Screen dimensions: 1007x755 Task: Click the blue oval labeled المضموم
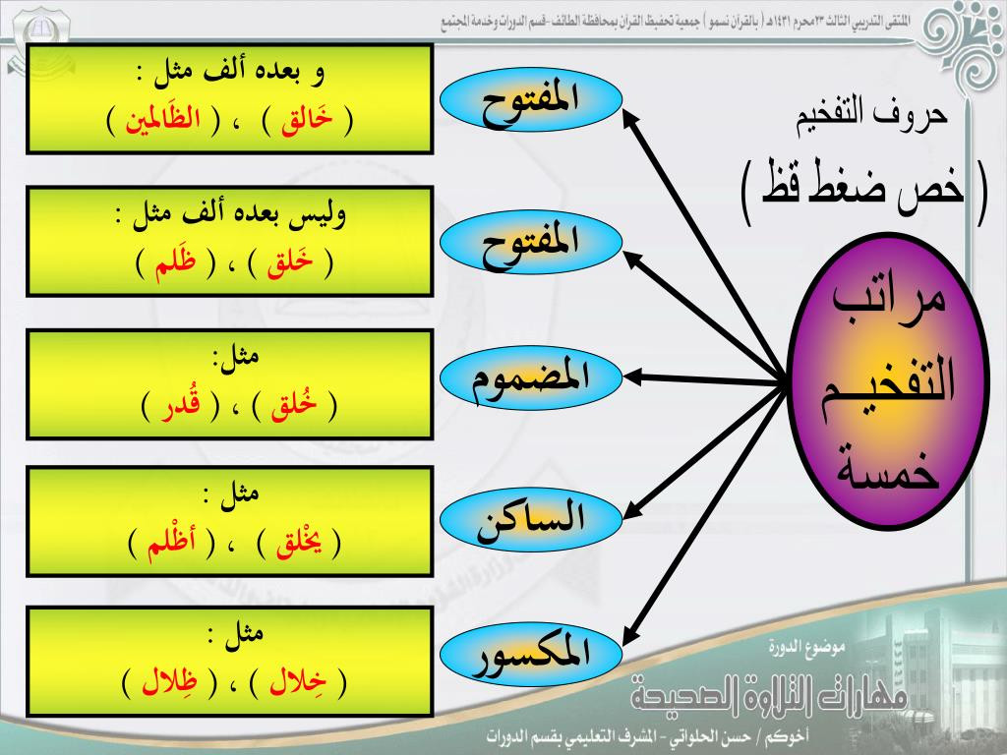(x=531, y=378)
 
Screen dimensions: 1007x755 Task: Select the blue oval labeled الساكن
(x=531, y=517)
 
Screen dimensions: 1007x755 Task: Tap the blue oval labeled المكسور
(x=531, y=654)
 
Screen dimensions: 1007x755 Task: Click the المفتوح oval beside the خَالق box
(x=531, y=99)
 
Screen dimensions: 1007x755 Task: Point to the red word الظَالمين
(x=163, y=119)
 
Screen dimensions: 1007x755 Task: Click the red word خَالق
(x=307, y=121)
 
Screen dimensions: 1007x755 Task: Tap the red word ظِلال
(x=169, y=682)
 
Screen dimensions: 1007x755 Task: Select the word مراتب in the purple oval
(x=889, y=301)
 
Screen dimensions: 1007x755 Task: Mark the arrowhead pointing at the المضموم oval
(x=632, y=378)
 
